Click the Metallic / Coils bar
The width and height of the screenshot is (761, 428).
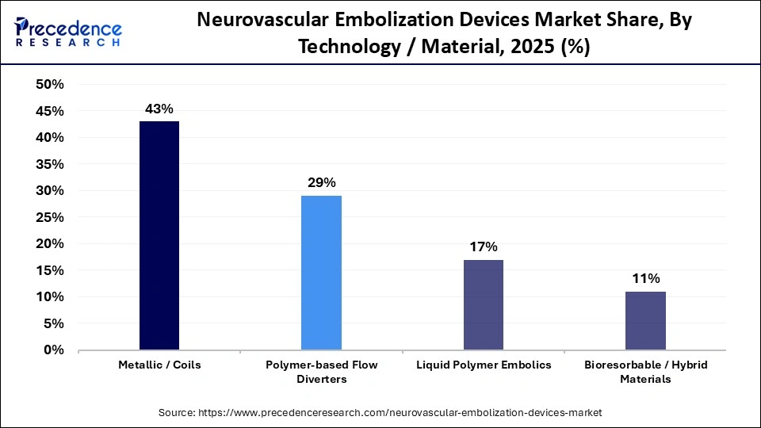(159, 235)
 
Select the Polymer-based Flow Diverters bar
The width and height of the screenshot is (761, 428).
(321, 273)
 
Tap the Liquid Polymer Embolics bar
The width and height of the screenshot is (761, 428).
(483, 304)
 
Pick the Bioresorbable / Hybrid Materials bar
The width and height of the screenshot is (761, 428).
(645, 320)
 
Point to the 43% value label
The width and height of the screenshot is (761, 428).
(159, 109)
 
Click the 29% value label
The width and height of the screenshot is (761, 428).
(321, 183)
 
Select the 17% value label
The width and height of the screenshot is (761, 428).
(483, 246)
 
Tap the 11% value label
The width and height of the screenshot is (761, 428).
(645, 278)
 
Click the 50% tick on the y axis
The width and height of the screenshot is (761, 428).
(49, 85)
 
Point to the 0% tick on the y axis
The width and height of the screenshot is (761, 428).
(54, 350)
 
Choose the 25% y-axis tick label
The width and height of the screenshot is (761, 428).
(49, 217)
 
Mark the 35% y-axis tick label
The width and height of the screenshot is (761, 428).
(49, 164)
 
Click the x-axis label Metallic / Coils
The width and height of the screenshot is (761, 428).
(159, 365)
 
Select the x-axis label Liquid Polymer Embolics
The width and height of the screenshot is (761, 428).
(483, 365)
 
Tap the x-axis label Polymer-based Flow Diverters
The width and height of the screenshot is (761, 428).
(321, 372)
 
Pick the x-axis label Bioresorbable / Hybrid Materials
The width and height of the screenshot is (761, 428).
(645, 372)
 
